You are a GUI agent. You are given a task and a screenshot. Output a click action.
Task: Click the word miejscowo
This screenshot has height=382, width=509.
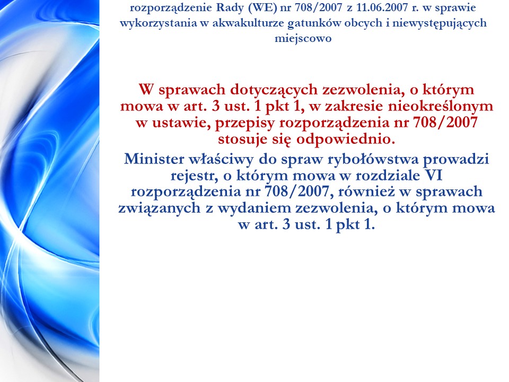(x=303, y=38)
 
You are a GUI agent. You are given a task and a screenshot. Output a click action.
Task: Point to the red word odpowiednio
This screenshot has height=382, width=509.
(x=345, y=140)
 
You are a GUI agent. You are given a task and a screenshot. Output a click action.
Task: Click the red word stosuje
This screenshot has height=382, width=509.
(x=243, y=140)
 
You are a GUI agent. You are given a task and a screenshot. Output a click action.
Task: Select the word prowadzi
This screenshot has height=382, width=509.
(x=456, y=160)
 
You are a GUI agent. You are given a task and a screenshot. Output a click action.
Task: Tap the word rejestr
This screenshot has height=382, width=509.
(x=194, y=176)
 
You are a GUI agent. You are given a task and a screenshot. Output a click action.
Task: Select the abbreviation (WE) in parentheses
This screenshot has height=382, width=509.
(x=262, y=7)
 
